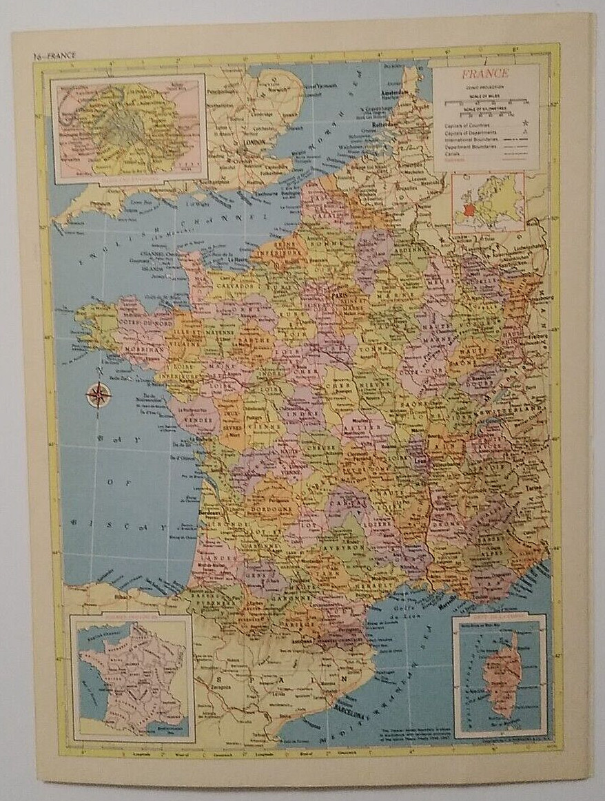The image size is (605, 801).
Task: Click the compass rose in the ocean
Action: click(99, 394)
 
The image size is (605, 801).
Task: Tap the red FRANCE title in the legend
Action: click(485, 74)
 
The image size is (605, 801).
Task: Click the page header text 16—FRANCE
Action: click(56, 54)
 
